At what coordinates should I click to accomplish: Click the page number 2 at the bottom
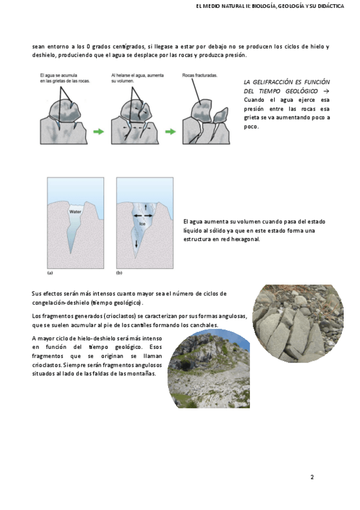tap(312, 477)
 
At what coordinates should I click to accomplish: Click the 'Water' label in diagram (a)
tap(75, 212)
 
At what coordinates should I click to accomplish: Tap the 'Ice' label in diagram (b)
tap(142, 224)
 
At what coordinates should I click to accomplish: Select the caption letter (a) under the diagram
tap(50, 273)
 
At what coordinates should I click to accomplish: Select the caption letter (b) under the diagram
tap(119, 273)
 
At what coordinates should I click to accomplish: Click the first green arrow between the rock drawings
tap(99, 131)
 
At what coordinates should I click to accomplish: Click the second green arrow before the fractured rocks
tap(170, 131)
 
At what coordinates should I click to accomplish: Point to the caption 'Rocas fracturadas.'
tap(200, 75)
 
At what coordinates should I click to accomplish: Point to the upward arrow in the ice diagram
tap(145, 206)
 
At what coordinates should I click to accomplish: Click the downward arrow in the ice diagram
tap(136, 244)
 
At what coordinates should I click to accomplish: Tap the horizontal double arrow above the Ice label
tap(142, 216)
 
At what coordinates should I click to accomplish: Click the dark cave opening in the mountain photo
tap(186, 364)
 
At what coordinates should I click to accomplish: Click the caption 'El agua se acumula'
tap(58, 75)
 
